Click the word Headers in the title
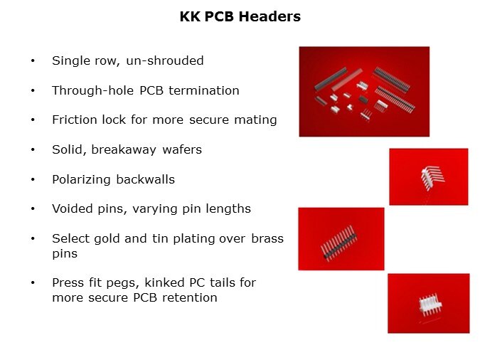coord(270,16)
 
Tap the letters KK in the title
coord(190,16)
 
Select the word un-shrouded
coord(165,60)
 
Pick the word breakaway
coord(124,150)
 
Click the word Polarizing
coord(81,179)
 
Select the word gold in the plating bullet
coord(107,238)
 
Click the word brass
coord(267,238)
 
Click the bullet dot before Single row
coord(33,60)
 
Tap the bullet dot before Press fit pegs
coord(33,282)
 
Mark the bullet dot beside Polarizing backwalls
coord(33,179)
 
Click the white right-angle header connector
coord(432,176)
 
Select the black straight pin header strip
coord(339,243)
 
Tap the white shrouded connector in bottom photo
coord(430,305)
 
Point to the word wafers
coord(182,150)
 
